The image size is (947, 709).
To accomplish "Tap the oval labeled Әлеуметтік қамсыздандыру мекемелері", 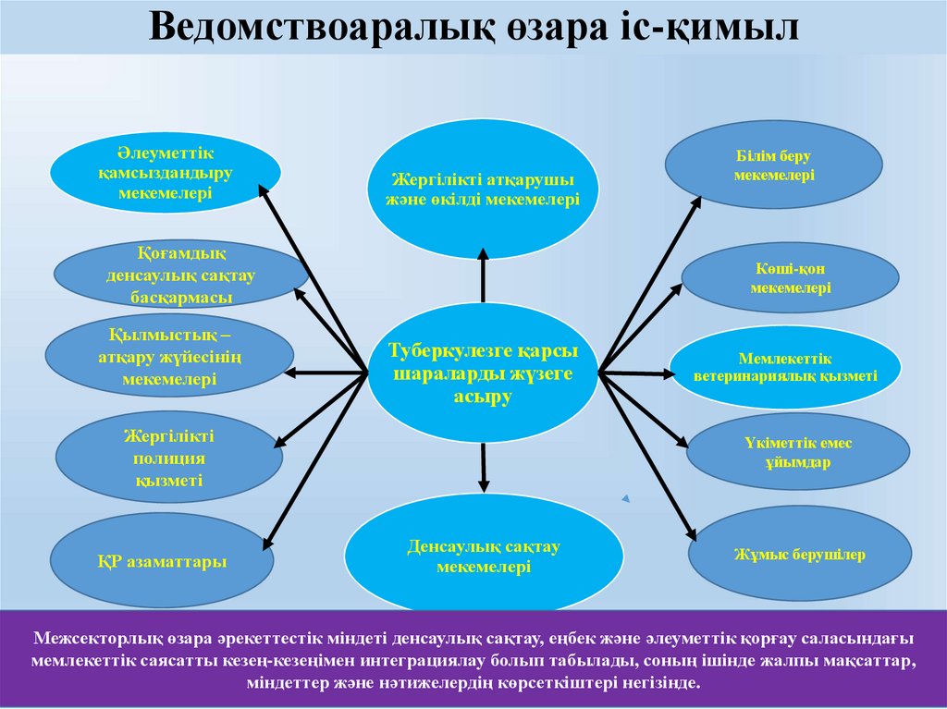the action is (166, 171).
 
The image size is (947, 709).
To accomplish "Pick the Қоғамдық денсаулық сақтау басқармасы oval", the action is (181, 275).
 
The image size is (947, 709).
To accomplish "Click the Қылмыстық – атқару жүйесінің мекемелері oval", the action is (169, 356).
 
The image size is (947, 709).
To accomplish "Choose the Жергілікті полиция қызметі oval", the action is (169, 458).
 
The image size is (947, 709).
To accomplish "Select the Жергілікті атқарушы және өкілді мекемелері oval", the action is (483, 189).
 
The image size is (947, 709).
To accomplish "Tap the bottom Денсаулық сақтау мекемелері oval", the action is (484, 556).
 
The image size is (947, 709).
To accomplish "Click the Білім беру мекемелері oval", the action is (773, 165).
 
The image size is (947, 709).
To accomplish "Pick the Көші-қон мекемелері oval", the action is (790, 277).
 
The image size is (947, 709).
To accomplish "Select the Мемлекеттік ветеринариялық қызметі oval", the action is (785, 367).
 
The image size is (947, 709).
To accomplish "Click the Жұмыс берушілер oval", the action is (799, 555).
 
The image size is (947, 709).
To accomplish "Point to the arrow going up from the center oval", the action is (483, 273).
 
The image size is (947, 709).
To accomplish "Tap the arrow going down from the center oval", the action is (483, 467).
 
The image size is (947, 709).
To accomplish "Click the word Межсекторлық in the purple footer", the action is (92, 638).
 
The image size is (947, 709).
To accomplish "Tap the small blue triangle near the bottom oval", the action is (626, 499).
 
